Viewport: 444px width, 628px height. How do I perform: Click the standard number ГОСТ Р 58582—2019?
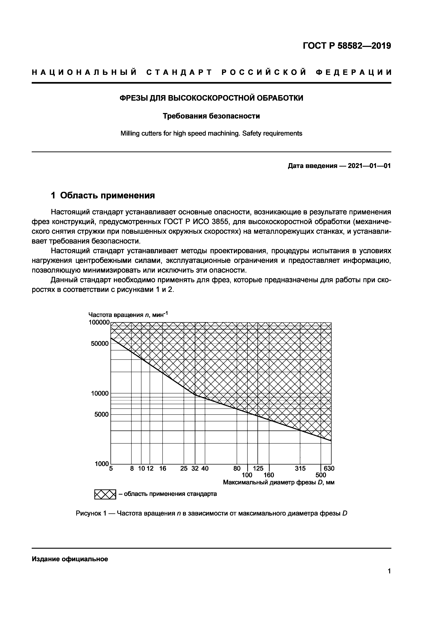click(347, 46)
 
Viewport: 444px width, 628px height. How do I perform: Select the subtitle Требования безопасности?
click(211, 116)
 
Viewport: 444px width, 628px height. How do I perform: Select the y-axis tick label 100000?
click(99, 323)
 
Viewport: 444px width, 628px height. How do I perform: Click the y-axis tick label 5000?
click(102, 415)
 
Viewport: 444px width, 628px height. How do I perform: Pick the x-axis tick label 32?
click(195, 469)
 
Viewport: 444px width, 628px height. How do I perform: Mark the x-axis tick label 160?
click(269, 475)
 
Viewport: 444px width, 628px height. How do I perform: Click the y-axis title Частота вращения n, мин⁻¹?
click(128, 315)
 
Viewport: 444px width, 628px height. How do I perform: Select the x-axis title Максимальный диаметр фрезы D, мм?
click(279, 482)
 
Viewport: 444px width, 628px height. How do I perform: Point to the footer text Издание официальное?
click(70, 559)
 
